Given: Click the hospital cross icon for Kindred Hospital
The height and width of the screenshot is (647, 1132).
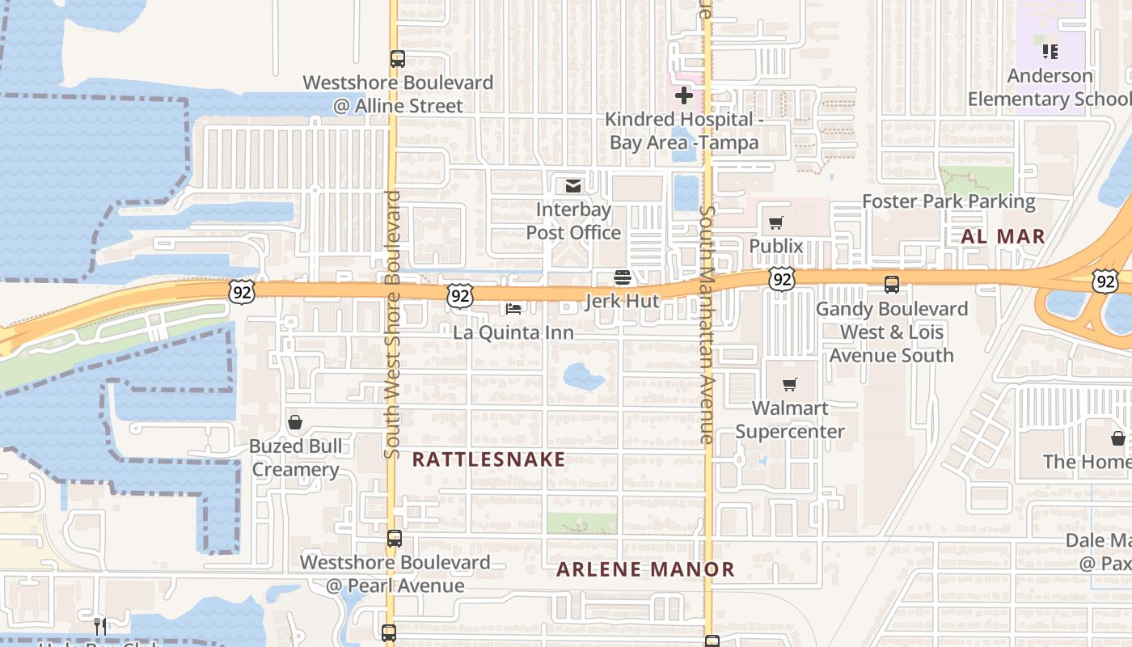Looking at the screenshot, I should point(684,96).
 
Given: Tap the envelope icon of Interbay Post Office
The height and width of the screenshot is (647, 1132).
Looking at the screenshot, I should point(573,187).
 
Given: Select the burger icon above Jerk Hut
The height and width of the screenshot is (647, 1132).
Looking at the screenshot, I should point(622,278).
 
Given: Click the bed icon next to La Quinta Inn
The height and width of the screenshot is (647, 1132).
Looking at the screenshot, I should point(513,308).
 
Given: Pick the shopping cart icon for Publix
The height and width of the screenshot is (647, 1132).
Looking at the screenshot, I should point(776,222).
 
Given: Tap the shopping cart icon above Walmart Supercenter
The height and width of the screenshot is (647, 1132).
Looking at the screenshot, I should point(790,385).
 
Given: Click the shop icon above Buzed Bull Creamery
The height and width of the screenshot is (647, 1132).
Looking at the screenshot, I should point(295,422).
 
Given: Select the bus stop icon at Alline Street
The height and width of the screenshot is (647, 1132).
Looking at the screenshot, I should point(397,59).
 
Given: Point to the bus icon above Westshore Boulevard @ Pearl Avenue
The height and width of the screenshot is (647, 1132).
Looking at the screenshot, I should point(394,538).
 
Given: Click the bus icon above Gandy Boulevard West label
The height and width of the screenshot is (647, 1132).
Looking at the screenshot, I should point(891,285).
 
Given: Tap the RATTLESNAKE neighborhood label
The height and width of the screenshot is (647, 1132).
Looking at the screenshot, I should point(488,459).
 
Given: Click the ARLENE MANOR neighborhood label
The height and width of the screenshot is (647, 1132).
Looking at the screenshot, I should point(645,569).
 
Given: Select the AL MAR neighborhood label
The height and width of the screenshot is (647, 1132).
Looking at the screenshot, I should point(1003,237).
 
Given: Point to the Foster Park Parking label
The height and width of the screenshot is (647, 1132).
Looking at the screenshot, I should point(948,201).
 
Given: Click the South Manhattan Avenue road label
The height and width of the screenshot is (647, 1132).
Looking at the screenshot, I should point(707,323).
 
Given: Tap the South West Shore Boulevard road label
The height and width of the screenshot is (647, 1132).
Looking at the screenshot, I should point(393,323).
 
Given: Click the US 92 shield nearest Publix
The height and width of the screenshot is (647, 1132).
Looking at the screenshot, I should point(782,279).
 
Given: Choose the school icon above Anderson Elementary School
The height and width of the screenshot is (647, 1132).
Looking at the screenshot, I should point(1050,53).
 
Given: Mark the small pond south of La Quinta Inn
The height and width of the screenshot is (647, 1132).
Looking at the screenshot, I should point(584,376).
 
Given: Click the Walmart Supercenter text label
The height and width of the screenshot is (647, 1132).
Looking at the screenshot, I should point(790,420).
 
